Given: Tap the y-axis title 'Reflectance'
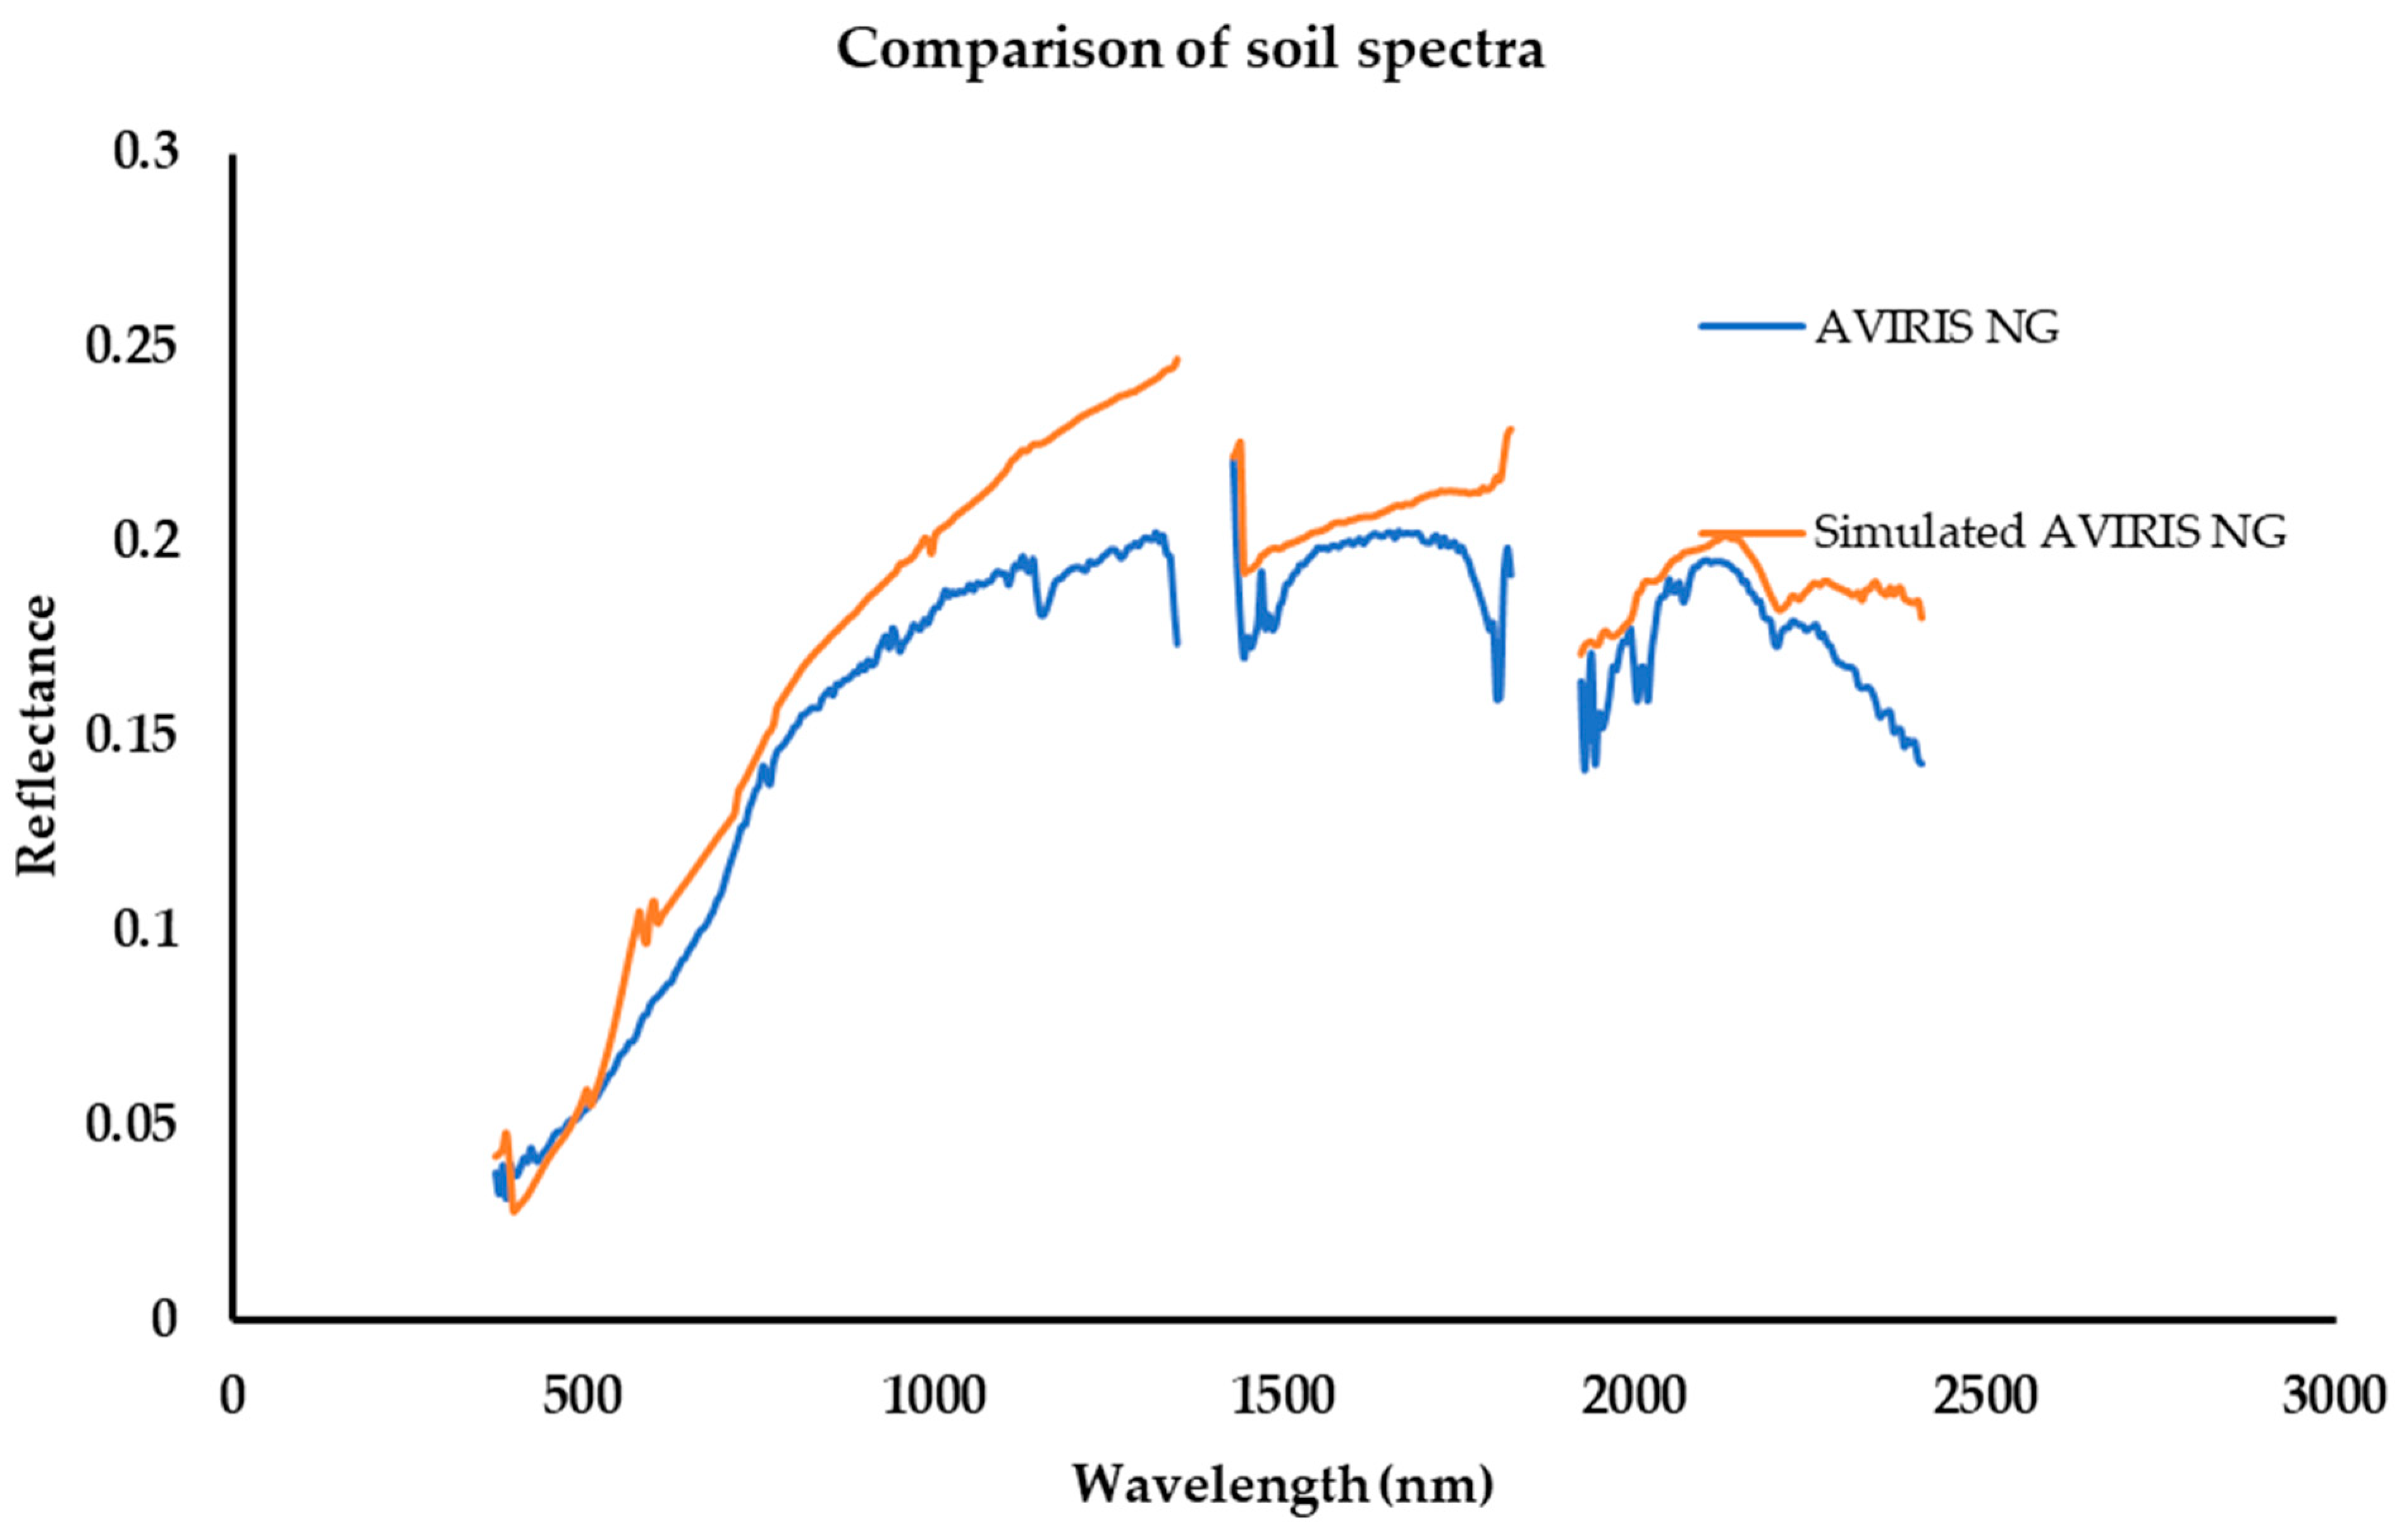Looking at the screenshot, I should pyautogui.click(x=38, y=736).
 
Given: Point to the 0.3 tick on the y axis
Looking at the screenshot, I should pyautogui.click(x=146, y=153).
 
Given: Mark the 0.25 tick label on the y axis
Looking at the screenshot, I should pyautogui.click(x=132, y=347).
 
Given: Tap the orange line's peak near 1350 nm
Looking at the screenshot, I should pyautogui.click(x=1177, y=359).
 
